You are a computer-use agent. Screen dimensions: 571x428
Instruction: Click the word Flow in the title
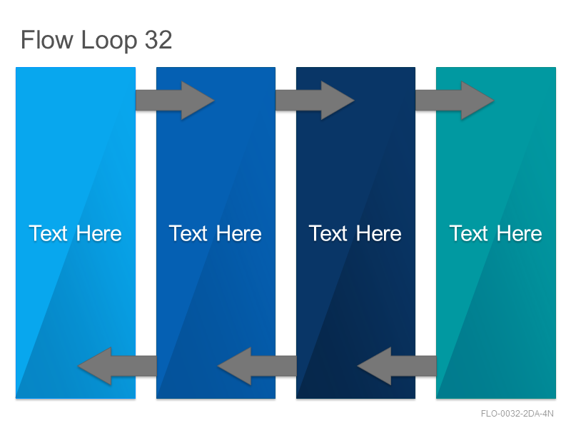pos(47,39)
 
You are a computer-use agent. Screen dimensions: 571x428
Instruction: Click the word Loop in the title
pos(109,41)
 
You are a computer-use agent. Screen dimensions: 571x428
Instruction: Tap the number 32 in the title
pos(158,40)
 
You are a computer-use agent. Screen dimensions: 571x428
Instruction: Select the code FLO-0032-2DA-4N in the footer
pos(517,414)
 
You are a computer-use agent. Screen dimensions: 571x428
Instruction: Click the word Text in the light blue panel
pos(48,233)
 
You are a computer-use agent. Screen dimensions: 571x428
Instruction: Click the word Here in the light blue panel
pos(98,233)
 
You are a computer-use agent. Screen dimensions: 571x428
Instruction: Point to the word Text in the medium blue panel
pos(188,233)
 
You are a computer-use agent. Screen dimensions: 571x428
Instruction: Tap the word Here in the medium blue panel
pos(239,233)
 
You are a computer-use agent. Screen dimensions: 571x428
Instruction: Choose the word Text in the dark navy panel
pos(328,233)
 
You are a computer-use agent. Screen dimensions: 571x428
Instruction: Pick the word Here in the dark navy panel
pos(379,233)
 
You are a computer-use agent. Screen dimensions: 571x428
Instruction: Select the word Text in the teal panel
pos(468,233)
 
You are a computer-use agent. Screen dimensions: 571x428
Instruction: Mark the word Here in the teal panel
pos(520,233)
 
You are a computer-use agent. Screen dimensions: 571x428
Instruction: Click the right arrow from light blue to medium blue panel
pos(175,101)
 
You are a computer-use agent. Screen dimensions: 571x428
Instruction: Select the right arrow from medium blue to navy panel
pos(315,101)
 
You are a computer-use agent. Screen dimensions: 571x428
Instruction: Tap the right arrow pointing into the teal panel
pos(455,101)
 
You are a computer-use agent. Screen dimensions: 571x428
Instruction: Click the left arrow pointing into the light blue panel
pos(117,366)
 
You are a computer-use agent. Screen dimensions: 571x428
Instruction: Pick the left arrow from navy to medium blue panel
pos(257,366)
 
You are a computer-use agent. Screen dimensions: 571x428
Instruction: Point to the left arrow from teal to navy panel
pos(397,366)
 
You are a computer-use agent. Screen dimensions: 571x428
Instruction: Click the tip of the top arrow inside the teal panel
pos(494,101)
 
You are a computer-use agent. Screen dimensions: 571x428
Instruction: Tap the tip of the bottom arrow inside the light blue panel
pos(79,366)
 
